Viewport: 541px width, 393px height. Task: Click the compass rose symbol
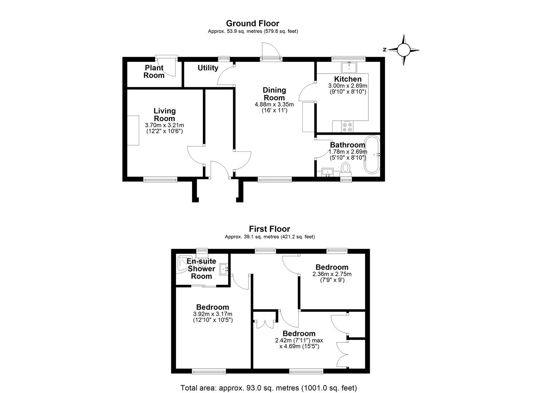tap(403, 50)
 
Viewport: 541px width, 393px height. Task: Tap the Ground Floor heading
tap(252, 24)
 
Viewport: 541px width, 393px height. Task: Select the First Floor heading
tap(270, 229)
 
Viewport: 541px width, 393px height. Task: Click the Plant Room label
tap(154, 72)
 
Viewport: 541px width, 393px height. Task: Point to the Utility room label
tap(208, 68)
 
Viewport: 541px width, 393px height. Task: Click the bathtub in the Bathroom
tap(372, 155)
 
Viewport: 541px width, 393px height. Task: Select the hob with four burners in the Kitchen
tap(347, 127)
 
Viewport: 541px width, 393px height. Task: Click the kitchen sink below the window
tap(349, 67)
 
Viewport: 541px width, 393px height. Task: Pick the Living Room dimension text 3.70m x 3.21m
tap(164, 125)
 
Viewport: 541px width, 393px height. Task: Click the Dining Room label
tap(274, 94)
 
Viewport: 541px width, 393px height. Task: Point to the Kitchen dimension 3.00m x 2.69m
tap(348, 86)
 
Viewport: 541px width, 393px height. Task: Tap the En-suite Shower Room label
tap(201, 269)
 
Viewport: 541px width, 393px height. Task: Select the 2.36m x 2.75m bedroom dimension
tap(332, 274)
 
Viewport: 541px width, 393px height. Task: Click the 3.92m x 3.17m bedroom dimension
tap(213, 314)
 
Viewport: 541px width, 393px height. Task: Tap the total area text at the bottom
tap(268, 388)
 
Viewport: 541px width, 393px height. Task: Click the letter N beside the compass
tap(384, 50)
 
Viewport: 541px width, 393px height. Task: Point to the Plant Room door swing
tap(171, 67)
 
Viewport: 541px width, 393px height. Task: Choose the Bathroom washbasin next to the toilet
tap(328, 172)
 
